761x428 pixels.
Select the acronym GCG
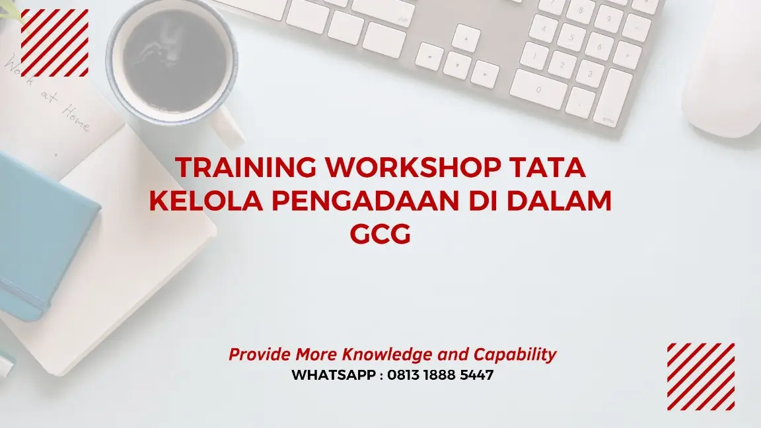click(x=380, y=234)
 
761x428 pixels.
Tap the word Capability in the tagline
click(x=515, y=355)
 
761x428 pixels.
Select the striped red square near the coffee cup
click(x=54, y=43)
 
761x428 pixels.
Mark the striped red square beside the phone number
click(x=700, y=376)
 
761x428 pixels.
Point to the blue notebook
click(x=40, y=231)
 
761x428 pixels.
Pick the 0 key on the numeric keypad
click(x=538, y=89)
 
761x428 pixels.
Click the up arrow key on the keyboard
click(x=466, y=38)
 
